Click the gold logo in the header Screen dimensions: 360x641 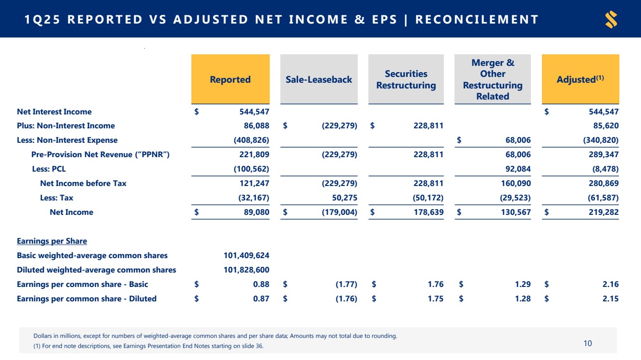(611, 20)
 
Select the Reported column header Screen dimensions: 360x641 (230, 79)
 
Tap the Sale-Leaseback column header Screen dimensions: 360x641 (319, 79)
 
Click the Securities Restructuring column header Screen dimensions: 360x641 (406, 79)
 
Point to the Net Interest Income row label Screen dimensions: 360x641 (54, 112)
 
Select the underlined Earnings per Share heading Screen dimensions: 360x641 (52, 241)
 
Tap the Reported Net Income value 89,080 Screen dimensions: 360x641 (254, 212)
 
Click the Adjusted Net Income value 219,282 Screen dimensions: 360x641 (603, 212)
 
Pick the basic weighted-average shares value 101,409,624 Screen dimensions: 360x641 (246, 255)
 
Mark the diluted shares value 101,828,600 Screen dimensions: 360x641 (246, 270)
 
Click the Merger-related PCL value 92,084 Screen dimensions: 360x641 (516, 169)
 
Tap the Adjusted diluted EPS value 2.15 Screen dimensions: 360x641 (610, 298)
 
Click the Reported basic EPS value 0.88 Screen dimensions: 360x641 (261, 284)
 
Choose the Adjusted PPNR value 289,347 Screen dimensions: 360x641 (603, 154)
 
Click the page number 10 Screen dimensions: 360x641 (588, 343)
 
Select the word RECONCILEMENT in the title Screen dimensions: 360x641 (477, 20)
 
